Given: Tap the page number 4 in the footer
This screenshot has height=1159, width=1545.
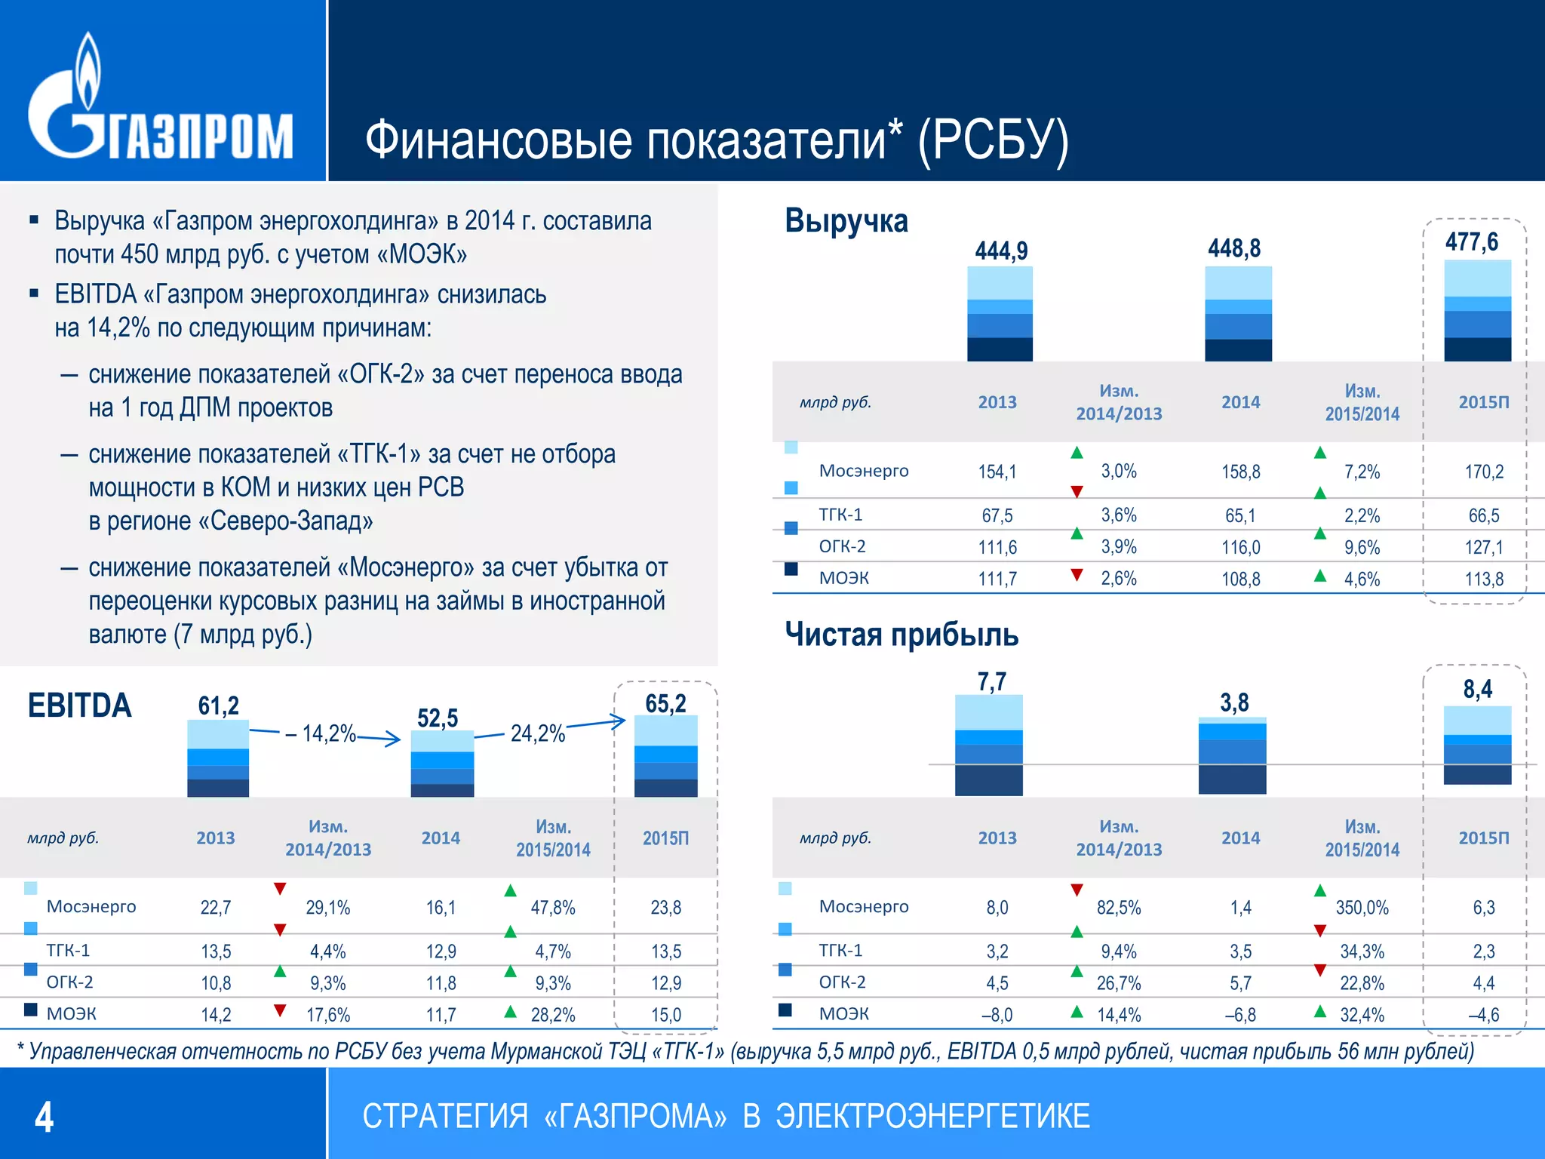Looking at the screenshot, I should pos(45,1117).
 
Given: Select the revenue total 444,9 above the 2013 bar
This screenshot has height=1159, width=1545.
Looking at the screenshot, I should pos(1001,251).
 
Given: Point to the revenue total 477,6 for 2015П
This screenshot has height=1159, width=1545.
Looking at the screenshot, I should pos(1471,242).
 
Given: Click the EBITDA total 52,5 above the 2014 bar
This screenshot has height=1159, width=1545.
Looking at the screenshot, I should pos(438,718).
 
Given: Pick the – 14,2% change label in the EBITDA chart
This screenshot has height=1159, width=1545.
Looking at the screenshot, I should pos(321,733).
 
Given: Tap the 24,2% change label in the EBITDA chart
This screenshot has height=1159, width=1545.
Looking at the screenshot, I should pos(537,733).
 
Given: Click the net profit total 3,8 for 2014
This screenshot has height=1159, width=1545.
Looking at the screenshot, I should pos(1234,703).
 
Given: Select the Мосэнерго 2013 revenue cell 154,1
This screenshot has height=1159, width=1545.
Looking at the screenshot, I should pos(997,472).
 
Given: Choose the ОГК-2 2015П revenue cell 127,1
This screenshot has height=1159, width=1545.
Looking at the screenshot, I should pos(1483,548).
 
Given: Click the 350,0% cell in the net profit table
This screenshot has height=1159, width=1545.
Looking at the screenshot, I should pos(1362,908).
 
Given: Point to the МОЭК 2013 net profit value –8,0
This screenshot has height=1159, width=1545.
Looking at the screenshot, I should pos(997,1016).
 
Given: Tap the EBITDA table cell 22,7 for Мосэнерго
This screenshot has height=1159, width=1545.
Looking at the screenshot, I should pos(216,908).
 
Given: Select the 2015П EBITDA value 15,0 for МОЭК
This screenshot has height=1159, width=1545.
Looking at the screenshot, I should pos(665,1016).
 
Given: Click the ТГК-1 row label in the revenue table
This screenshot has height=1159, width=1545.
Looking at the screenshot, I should pos(840,515).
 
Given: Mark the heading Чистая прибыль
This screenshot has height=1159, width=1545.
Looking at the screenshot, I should pos(902,635).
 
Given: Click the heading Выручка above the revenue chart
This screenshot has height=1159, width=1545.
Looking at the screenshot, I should pos(846,221).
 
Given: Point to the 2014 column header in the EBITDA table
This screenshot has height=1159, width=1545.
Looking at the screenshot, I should pos(441,838).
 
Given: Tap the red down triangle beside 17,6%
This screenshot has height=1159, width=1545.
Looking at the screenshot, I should pos(280,1010).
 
